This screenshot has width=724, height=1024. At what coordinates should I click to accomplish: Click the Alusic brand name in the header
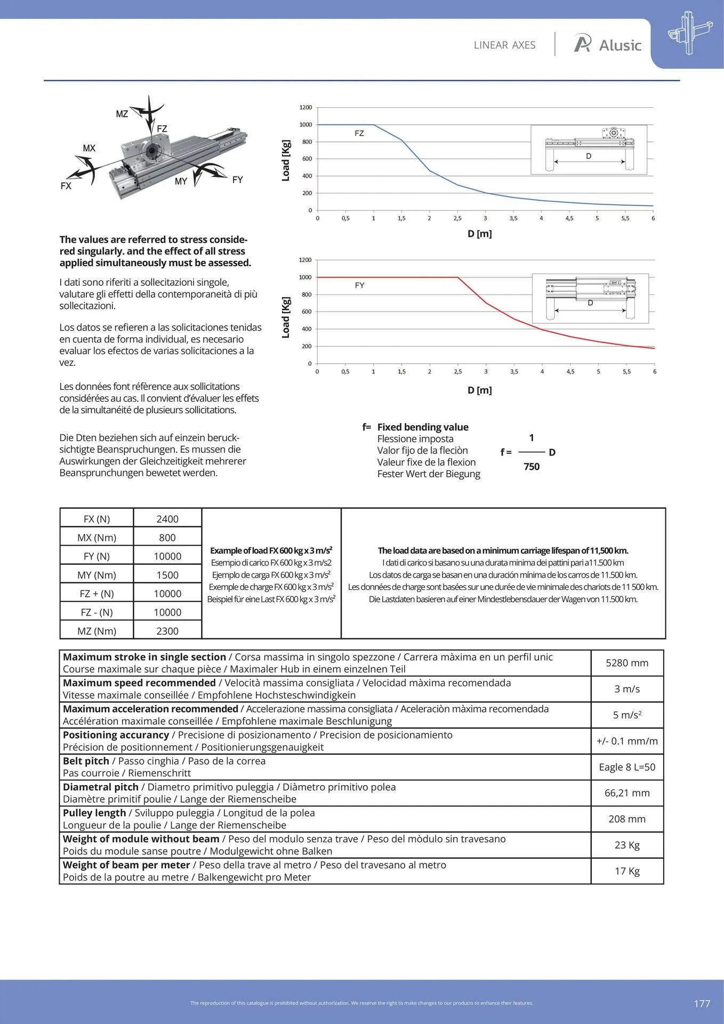click(620, 45)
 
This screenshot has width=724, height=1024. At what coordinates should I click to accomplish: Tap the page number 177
click(702, 1003)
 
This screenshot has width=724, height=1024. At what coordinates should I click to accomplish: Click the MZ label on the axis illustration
click(122, 114)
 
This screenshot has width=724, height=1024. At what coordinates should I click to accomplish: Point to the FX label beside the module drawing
click(66, 186)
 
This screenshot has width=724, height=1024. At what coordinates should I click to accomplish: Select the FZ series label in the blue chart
click(359, 133)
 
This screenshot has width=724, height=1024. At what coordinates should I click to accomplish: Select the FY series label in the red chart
click(360, 285)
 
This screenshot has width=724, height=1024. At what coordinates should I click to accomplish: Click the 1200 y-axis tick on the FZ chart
click(305, 107)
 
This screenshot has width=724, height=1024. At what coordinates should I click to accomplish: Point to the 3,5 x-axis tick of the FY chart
click(514, 372)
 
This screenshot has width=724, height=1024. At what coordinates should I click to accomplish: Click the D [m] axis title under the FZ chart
click(479, 234)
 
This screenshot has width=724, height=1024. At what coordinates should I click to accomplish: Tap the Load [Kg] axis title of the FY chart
click(286, 317)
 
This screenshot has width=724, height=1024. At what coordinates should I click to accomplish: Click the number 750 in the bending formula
click(532, 467)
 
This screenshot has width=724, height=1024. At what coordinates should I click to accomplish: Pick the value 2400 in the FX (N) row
click(167, 519)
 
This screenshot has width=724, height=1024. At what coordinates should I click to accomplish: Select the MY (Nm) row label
click(96, 575)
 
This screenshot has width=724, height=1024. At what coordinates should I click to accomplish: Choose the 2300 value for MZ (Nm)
click(167, 631)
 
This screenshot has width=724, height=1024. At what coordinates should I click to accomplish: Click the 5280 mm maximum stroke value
click(627, 663)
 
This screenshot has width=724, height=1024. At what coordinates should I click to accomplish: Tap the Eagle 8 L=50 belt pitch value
click(627, 767)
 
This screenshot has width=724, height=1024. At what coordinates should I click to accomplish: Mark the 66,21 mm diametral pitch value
click(627, 793)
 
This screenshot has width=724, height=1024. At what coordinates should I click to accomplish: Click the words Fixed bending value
click(423, 427)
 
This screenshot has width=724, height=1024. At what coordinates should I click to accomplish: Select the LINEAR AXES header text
click(504, 45)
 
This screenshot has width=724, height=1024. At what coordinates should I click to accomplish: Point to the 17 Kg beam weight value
click(627, 871)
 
